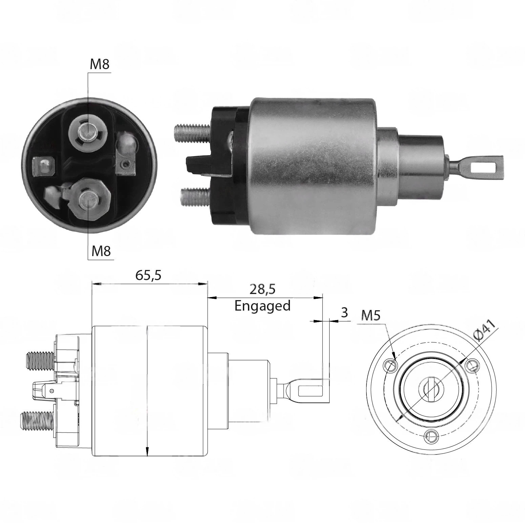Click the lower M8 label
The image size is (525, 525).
click(x=101, y=251)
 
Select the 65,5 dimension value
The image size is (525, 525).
click(x=148, y=275)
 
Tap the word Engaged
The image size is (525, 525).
click(x=262, y=306)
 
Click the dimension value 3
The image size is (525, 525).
click(x=344, y=312)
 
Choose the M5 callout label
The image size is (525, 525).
click(x=371, y=316)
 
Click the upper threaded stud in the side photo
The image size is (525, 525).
click(x=192, y=131)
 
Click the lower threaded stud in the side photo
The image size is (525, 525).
click(x=196, y=196)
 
